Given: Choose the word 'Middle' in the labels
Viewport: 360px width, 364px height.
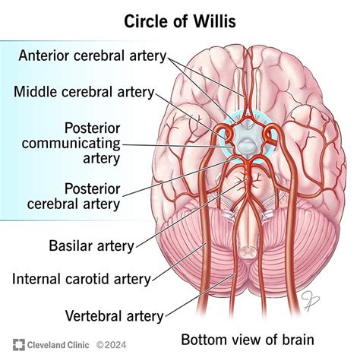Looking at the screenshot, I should pos(35,92).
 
